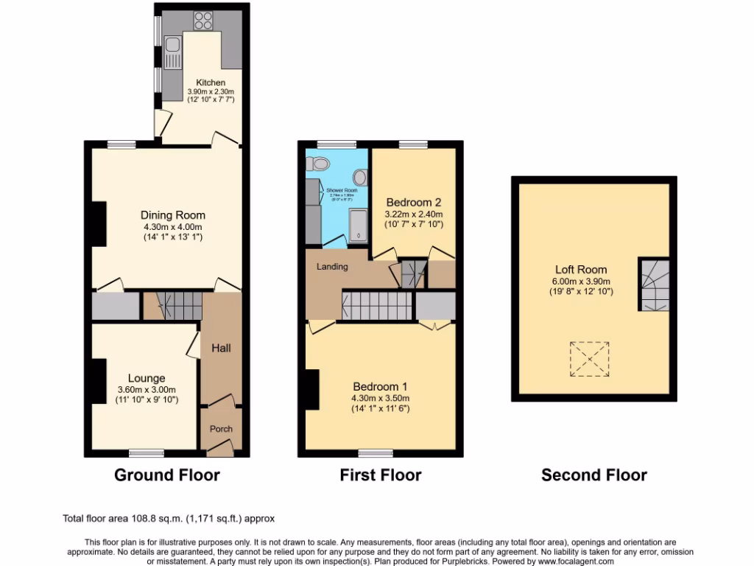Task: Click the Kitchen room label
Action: point(210,82)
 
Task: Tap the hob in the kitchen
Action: point(203,21)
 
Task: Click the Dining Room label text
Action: point(173,214)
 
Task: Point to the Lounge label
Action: point(146,378)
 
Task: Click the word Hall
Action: point(222,347)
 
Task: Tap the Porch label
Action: point(222,429)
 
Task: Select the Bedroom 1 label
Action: point(380,386)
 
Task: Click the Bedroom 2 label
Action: point(413,202)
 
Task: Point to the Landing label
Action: point(332,266)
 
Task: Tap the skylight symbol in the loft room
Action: point(589,359)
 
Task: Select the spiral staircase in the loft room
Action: point(654,284)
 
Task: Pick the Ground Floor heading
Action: point(166,475)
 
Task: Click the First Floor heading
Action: point(380,475)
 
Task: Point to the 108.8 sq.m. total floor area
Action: point(149,519)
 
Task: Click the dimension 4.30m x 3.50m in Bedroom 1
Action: point(380,398)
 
